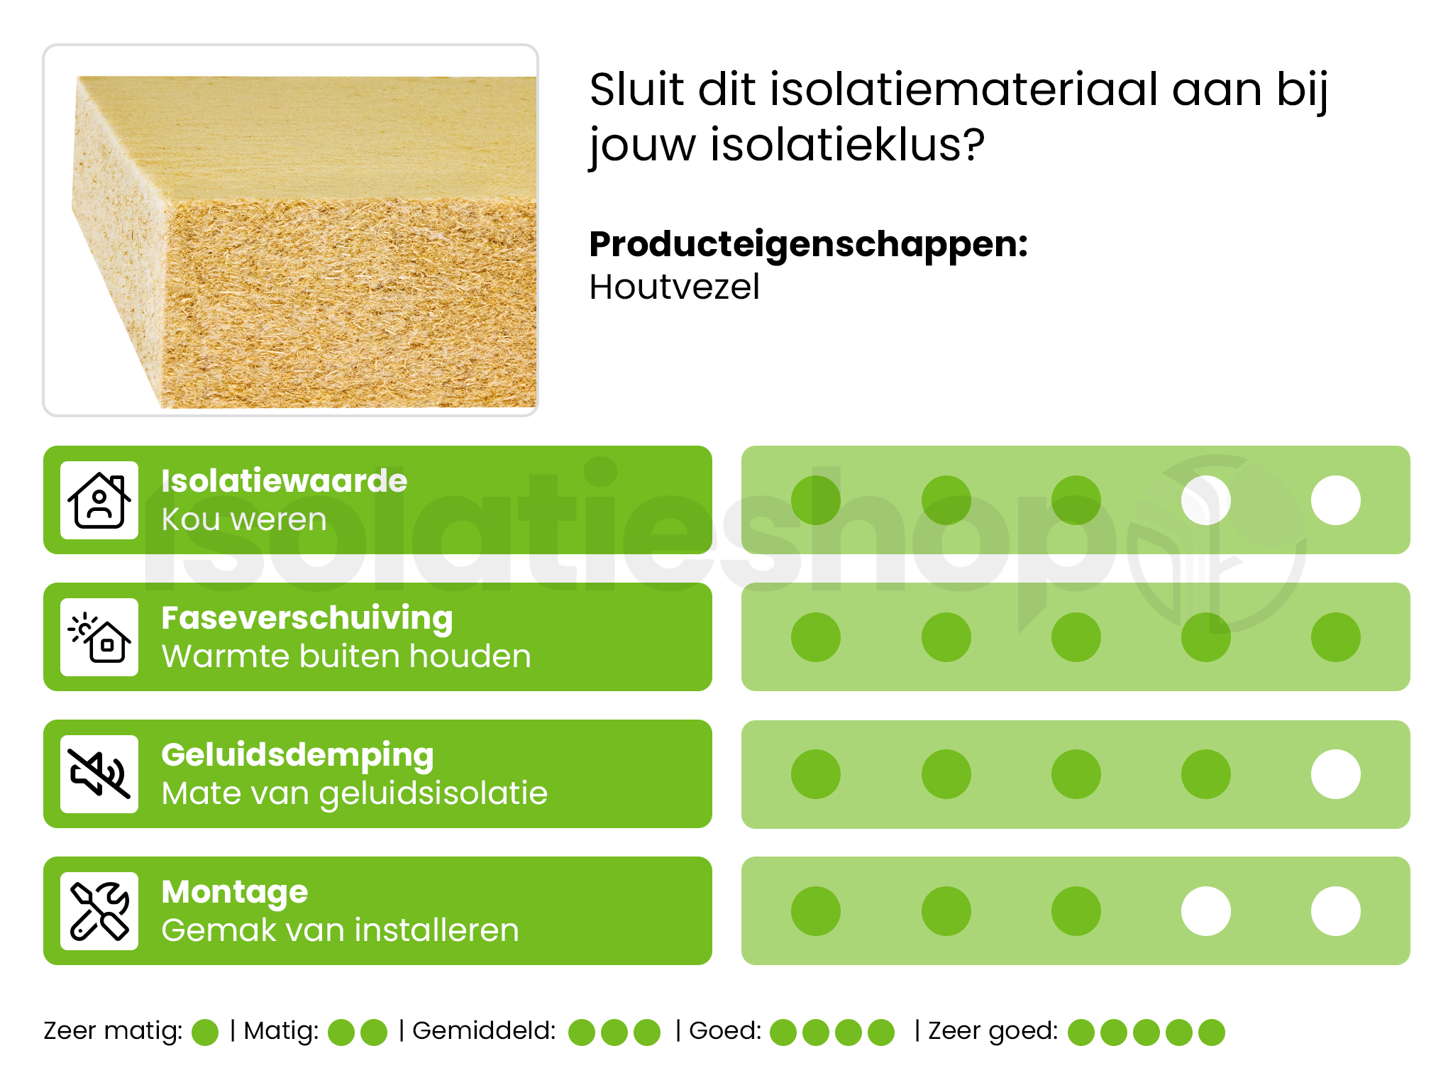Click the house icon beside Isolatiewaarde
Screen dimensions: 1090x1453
click(x=99, y=500)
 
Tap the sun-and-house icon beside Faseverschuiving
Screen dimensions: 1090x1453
click(x=99, y=637)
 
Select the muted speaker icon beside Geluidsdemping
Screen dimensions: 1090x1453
click(x=99, y=774)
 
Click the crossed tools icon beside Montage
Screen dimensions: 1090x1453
click(x=99, y=911)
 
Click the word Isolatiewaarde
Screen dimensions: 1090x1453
click(x=284, y=481)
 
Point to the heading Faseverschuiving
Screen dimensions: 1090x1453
click(x=306, y=618)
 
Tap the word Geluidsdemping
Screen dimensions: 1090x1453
click(x=297, y=755)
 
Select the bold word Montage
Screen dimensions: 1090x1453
click(x=234, y=892)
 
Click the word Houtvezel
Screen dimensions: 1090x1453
click(x=674, y=287)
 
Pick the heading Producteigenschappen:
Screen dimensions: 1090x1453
click(x=808, y=244)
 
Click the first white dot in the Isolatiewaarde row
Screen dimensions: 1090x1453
click(x=1205, y=500)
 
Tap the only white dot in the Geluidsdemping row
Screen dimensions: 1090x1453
click(x=1335, y=774)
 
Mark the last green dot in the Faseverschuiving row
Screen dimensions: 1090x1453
click(x=1335, y=637)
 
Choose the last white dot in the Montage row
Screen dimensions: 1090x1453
click(x=1335, y=911)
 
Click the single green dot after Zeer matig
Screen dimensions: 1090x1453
click(x=205, y=1033)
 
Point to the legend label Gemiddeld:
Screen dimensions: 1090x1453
click(x=484, y=1030)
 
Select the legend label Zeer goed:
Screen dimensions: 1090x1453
click(x=993, y=1030)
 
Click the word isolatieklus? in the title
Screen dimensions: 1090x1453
click(x=847, y=145)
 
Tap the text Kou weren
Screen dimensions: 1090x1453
click(x=243, y=519)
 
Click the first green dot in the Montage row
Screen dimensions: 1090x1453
click(x=816, y=911)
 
